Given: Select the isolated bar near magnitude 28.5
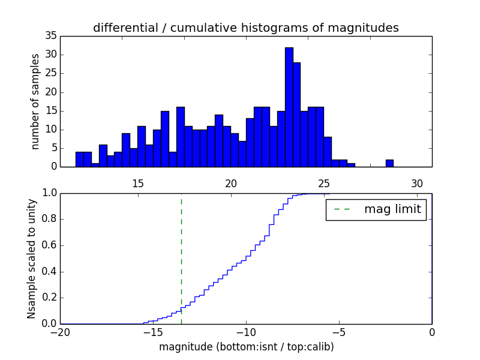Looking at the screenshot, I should click(389, 163).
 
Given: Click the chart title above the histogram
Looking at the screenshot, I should click(245, 28).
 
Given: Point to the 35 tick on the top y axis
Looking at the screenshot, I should click(53, 36).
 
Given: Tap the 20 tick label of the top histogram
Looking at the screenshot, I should click(231, 184).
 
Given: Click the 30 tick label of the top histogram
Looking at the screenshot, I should click(418, 184).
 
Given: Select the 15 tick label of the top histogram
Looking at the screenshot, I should click(138, 184).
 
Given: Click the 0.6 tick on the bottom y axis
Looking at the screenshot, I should click(49, 245).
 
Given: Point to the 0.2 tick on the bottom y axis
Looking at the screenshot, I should click(49, 298).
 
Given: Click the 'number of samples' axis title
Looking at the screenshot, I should click(35, 101).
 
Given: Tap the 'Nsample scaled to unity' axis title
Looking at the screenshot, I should click(31, 258).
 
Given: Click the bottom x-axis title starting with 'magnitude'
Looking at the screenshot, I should click(246, 347).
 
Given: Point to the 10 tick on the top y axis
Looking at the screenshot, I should click(53, 130).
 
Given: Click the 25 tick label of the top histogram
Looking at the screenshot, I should click(324, 184).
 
